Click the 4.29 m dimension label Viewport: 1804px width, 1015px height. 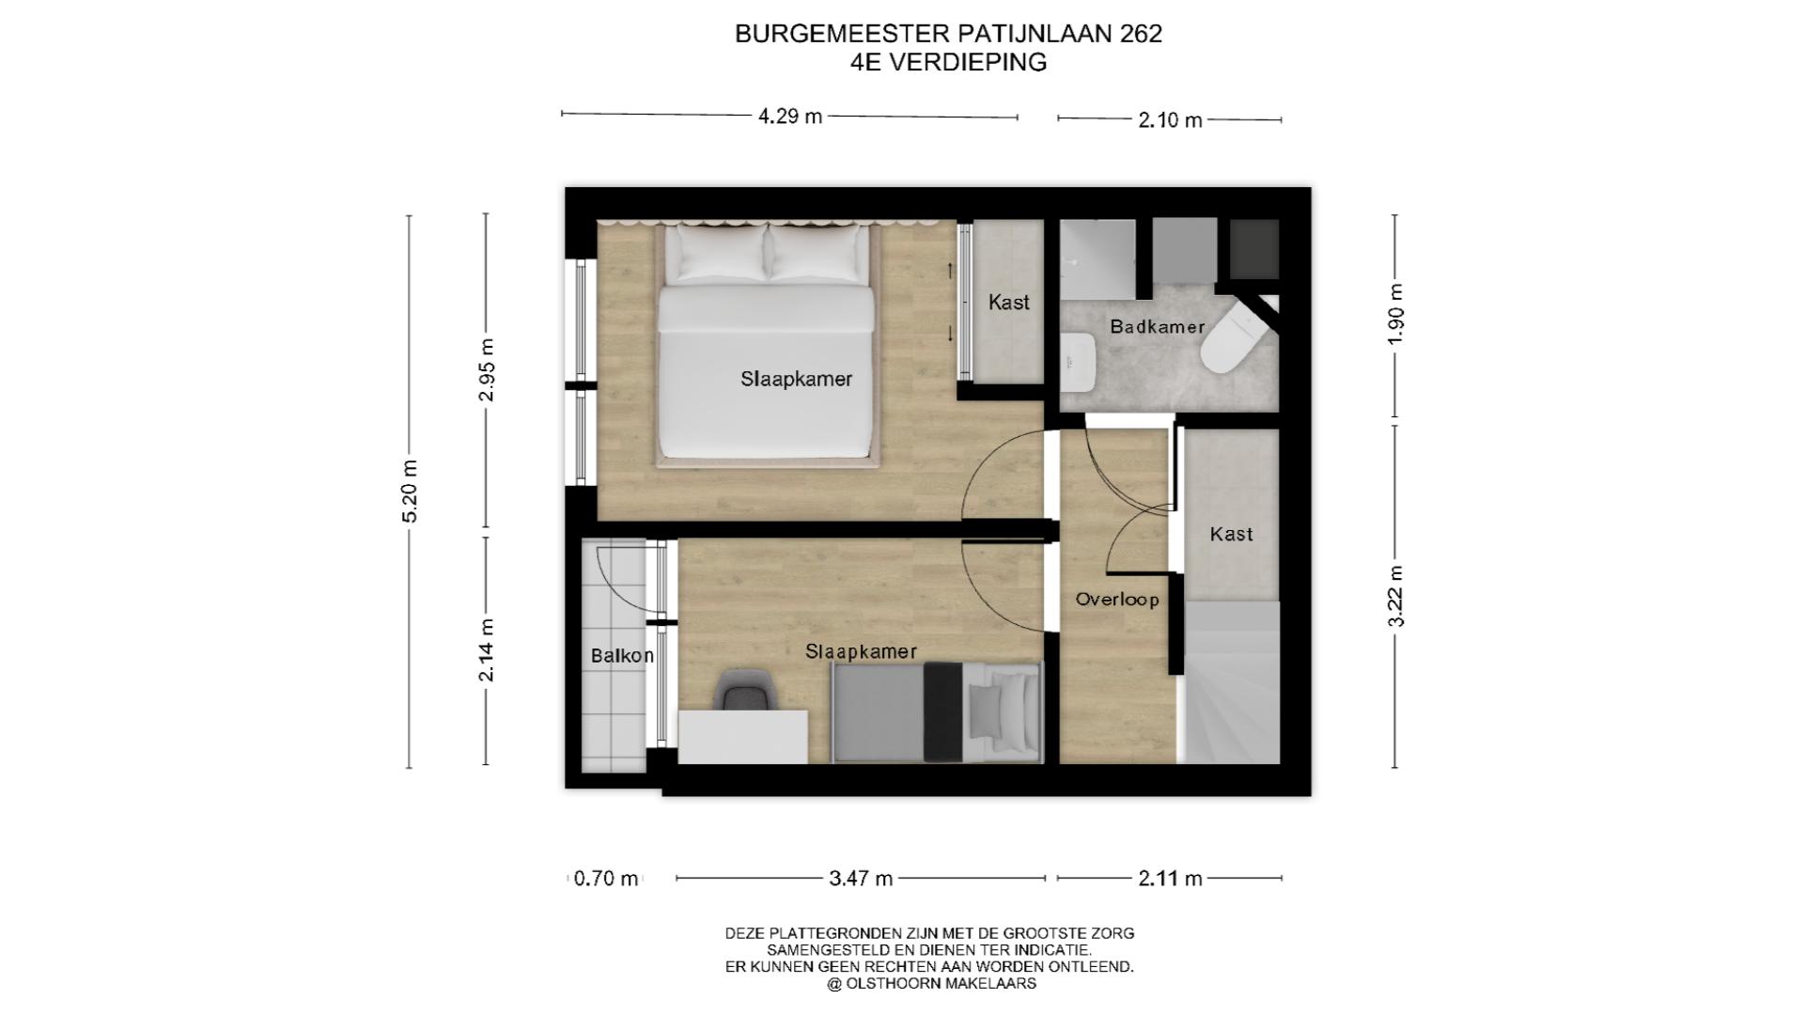click(790, 117)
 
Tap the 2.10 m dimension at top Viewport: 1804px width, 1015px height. click(1170, 120)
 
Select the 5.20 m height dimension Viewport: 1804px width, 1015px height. click(410, 492)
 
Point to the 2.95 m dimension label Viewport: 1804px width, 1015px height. click(486, 369)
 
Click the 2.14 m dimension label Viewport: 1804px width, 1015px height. click(486, 649)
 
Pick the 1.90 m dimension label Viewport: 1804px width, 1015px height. click(1395, 314)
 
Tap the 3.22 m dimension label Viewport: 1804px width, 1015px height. click(1395, 596)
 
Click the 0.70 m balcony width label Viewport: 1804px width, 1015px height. click(606, 879)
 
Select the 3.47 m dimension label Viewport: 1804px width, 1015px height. click(861, 879)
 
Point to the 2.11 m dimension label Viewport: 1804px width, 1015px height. click(1170, 879)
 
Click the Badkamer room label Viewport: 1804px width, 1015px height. click(1157, 327)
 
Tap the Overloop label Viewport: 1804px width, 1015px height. click(1117, 600)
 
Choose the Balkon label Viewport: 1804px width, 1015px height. click(622, 656)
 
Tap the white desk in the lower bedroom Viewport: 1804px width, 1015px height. click(742, 737)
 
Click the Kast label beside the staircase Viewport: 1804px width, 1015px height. click(1231, 534)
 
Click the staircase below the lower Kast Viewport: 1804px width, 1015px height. click(1231, 683)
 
